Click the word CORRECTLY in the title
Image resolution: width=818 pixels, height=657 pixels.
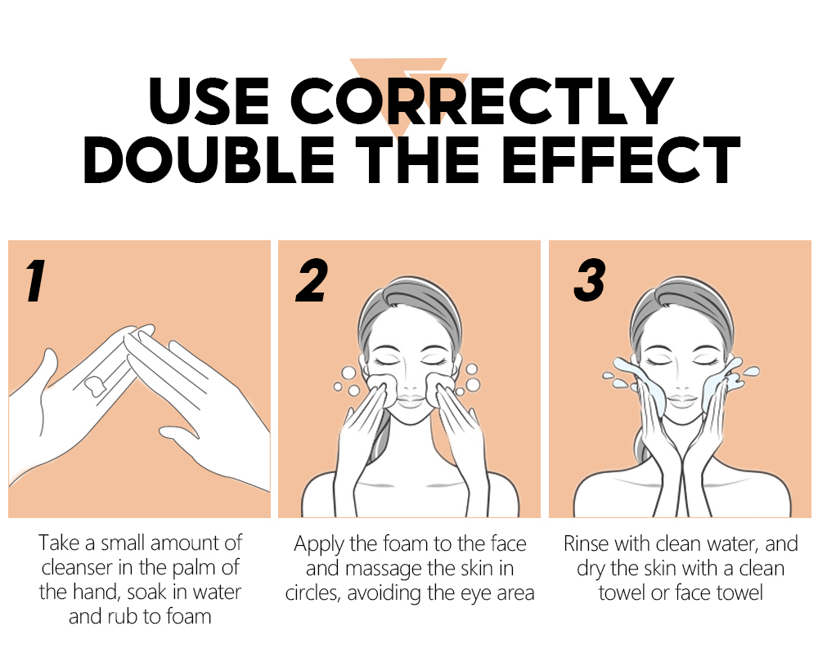[x=482, y=101]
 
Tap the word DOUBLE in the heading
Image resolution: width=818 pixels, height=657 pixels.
[x=209, y=159]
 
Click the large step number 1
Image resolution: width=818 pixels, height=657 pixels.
[x=36, y=280]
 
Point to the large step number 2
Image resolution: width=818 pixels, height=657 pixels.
[x=312, y=280]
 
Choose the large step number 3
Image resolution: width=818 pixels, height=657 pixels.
[x=590, y=280]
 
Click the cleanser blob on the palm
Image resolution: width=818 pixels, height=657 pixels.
[x=95, y=385]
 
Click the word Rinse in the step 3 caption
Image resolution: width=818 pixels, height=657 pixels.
[x=587, y=544]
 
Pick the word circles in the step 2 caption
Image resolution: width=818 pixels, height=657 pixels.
[x=312, y=593]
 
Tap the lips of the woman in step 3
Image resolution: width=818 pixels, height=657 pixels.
[x=682, y=400]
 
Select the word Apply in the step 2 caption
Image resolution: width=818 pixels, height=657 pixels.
[x=319, y=545]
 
